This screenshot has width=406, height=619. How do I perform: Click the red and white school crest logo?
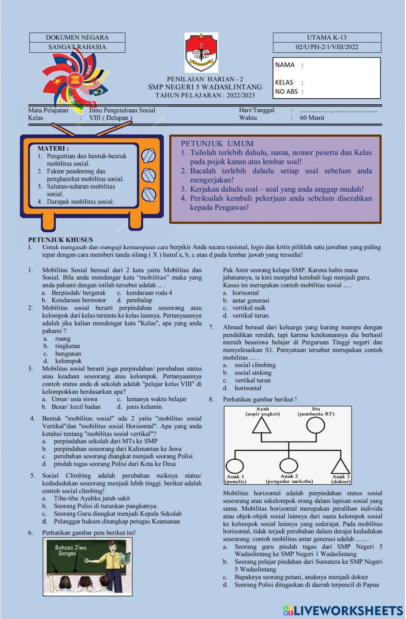pyautogui.click(x=201, y=52)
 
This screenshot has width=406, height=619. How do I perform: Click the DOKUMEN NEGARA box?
pyautogui.click(x=77, y=37)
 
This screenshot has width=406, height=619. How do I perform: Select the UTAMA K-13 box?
pyautogui.click(x=327, y=37)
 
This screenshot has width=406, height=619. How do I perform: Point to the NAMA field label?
pyautogui.click(x=285, y=65)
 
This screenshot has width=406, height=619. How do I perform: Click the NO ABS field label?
pyautogui.click(x=286, y=92)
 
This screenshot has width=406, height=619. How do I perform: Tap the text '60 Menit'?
pyautogui.click(x=312, y=118)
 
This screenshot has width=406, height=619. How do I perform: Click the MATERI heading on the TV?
pyautogui.click(x=53, y=149)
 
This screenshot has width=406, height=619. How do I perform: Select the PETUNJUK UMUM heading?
pyautogui.click(x=217, y=143)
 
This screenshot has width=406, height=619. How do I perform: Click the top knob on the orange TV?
pyautogui.click(x=149, y=155)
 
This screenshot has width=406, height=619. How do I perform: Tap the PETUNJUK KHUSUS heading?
pyautogui.click(x=60, y=239)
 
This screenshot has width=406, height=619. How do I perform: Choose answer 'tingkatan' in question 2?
pyautogui.click(x=67, y=346)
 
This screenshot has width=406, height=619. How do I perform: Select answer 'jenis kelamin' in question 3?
pyautogui.click(x=144, y=407)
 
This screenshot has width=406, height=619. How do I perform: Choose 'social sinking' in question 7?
pyautogui.click(x=253, y=373)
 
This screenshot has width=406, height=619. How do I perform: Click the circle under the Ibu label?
pyautogui.click(x=315, y=425)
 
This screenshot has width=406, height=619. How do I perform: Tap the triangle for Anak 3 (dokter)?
pyautogui.click(x=340, y=466)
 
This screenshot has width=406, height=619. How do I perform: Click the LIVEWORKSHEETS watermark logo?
pyautogui.click(x=343, y=610)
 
